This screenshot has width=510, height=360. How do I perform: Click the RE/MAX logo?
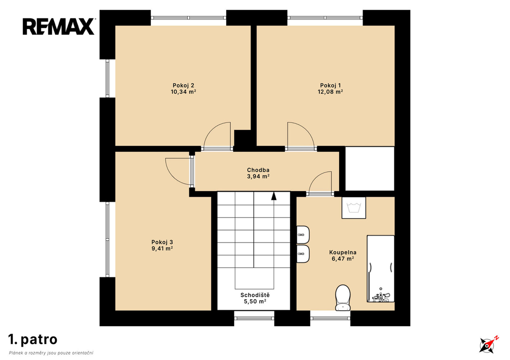click(x=59, y=26)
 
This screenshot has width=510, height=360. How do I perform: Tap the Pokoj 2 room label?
click(x=183, y=86)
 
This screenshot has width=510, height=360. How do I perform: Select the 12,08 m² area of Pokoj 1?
click(x=330, y=92)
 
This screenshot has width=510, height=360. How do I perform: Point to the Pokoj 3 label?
click(x=162, y=242)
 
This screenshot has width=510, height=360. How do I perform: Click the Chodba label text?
click(x=258, y=170)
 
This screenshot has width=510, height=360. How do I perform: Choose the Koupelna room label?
click(x=343, y=252)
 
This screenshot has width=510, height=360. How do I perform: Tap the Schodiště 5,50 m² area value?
click(x=255, y=301)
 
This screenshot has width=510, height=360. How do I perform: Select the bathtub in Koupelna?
click(x=381, y=269)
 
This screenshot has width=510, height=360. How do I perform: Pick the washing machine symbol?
click(x=354, y=208)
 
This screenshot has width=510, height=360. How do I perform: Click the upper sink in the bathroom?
click(x=303, y=234)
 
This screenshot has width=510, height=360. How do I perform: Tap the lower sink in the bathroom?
click(x=303, y=254)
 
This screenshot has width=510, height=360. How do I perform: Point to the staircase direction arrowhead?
click(x=274, y=196)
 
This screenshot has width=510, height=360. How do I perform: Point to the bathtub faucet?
click(x=381, y=297)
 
